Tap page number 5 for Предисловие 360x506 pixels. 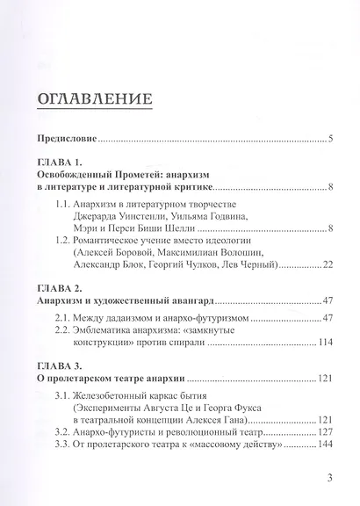coord(328,138)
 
